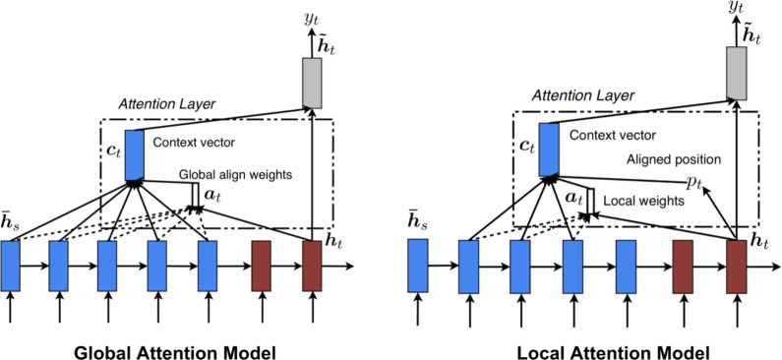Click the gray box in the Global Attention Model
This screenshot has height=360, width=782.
pyautogui.click(x=312, y=84)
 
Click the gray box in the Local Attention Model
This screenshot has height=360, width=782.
pyautogui.click(x=736, y=74)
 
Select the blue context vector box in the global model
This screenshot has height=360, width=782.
pyautogui.click(x=134, y=155)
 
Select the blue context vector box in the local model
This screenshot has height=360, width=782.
pyautogui.click(x=549, y=150)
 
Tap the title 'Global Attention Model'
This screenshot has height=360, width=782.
pyautogui.click(x=174, y=352)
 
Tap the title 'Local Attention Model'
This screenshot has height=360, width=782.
pyautogui.click(x=613, y=352)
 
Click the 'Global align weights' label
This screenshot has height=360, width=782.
pyautogui.click(x=235, y=175)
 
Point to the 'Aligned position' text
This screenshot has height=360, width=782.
pyautogui.click(x=673, y=159)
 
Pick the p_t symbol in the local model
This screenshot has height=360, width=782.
pyautogui.click(x=693, y=184)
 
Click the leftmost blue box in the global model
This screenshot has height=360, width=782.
pyautogui.click(x=10, y=266)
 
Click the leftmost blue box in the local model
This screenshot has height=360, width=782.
pyautogui.click(x=417, y=266)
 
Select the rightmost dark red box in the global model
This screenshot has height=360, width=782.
pyautogui.click(x=312, y=266)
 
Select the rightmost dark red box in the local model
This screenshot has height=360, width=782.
pyautogui.click(x=736, y=267)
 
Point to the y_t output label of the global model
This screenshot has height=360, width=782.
pyautogui.click(x=311, y=20)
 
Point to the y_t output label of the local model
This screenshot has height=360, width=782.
pyautogui.click(x=736, y=7)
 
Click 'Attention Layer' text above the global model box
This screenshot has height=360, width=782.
pyautogui.click(x=167, y=104)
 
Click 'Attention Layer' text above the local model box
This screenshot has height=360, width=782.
pyautogui.click(x=583, y=95)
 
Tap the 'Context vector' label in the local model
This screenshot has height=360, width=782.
pyautogui.click(x=613, y=135)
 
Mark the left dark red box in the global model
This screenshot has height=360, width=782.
pyautogui.click(x=261, y=266)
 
